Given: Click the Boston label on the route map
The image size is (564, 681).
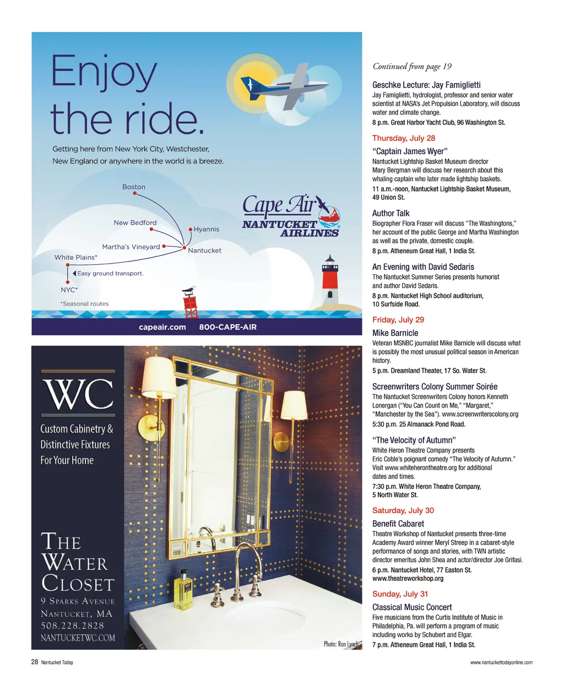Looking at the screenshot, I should point(134,187).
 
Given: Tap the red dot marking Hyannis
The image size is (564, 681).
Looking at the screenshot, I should point(190,230).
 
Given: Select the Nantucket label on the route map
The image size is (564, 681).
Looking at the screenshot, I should point(204,250).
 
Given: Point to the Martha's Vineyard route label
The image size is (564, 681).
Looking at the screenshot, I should point(131,247).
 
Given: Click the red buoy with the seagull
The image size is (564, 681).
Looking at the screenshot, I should point(190,302).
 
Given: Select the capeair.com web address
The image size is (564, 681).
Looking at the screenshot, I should point(162,327).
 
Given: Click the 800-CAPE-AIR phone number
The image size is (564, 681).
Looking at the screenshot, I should point(227,327).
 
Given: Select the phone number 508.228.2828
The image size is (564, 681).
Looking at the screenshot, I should point(72,625).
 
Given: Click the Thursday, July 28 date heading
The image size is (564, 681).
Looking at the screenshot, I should point(404,138).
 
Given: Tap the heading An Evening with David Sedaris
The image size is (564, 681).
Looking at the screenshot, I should point(423,267).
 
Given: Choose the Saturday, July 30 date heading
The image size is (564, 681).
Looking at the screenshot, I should point(403,510).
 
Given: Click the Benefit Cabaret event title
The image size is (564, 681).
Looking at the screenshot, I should point(398,524).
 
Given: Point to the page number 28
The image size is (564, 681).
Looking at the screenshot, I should point(34,662).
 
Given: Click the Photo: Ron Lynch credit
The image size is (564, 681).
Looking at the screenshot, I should point(341,644).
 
